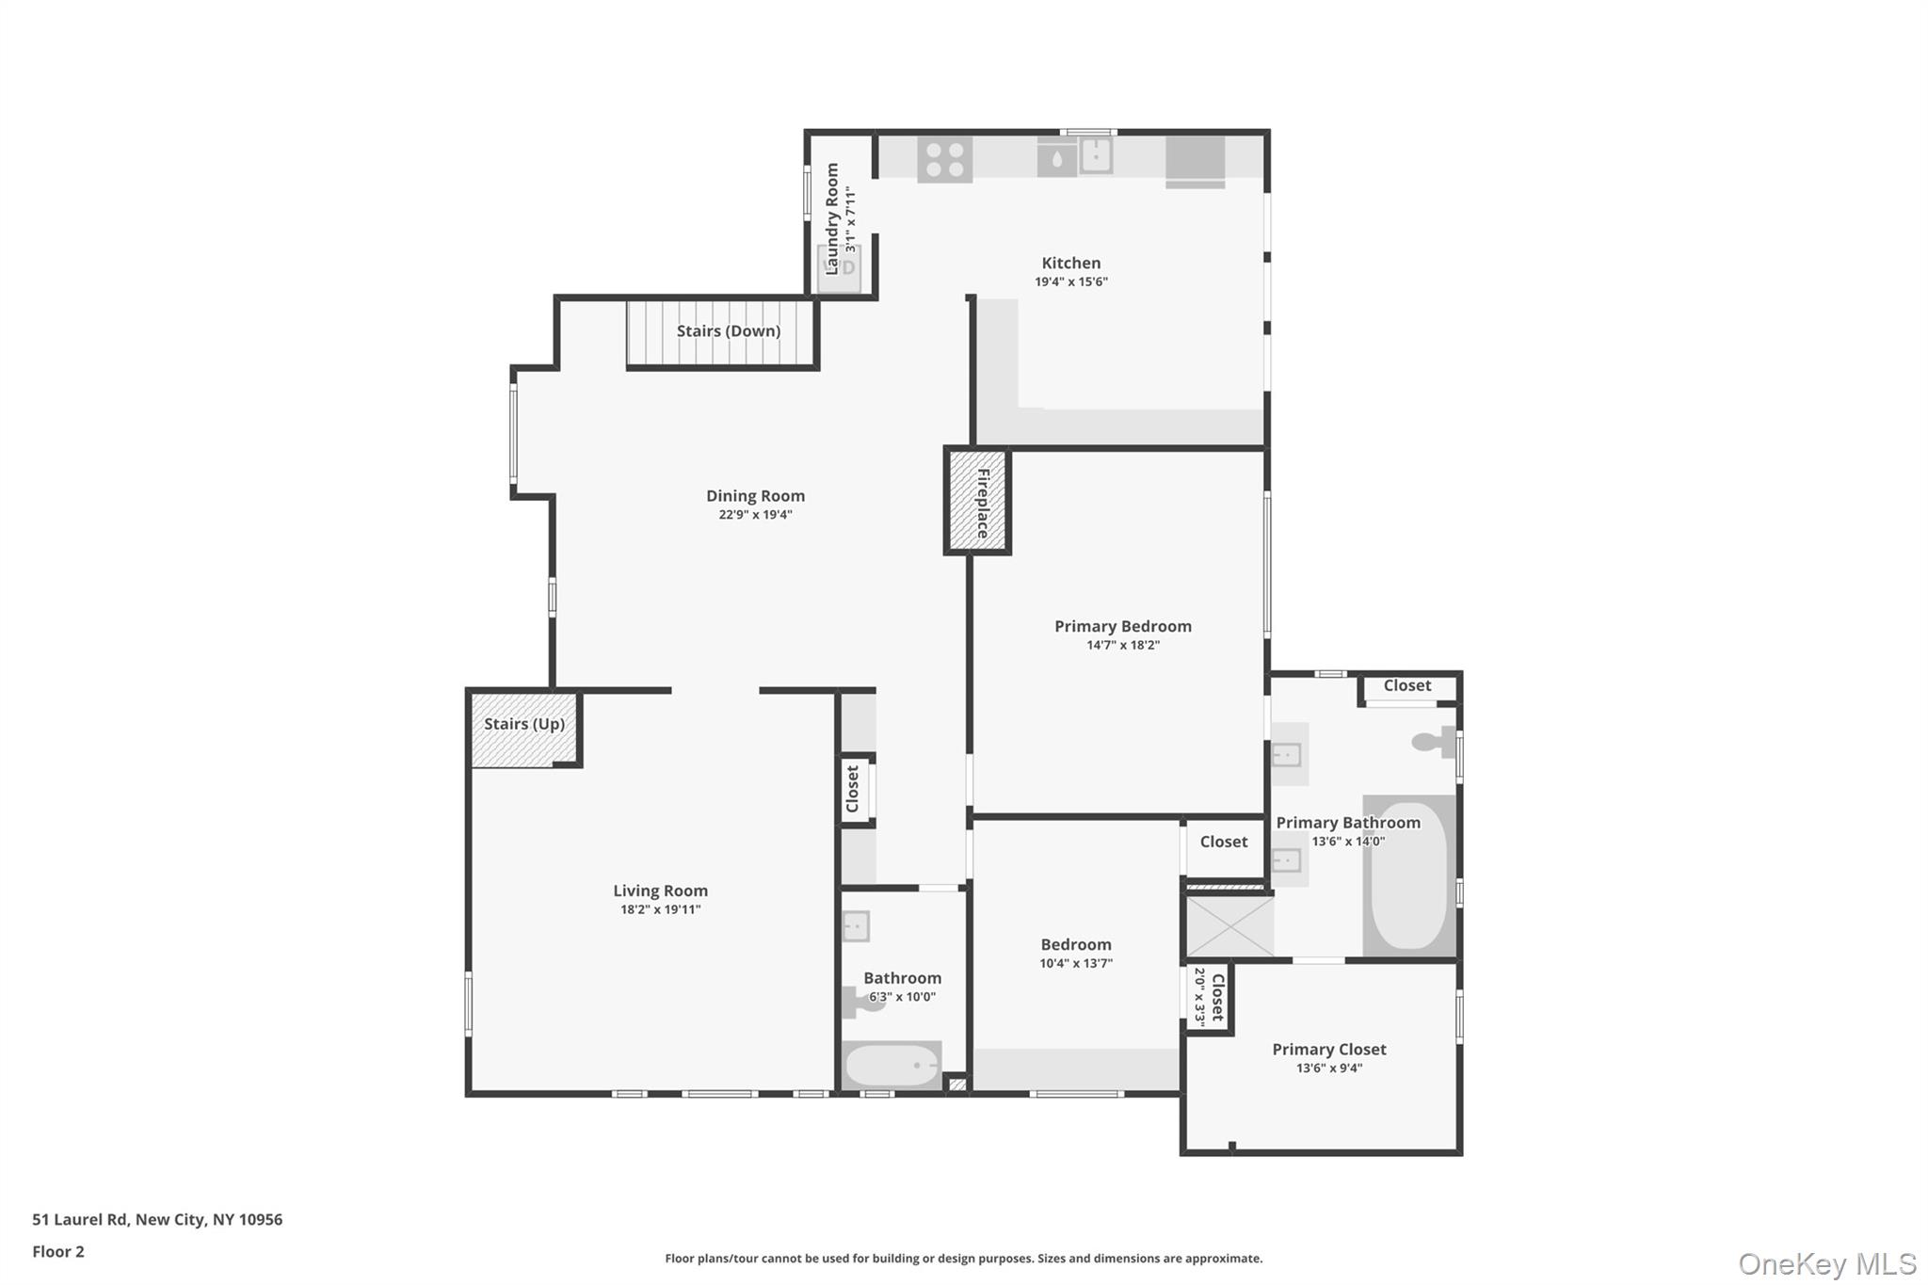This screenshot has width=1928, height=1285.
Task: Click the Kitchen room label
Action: (x=1070, y=264)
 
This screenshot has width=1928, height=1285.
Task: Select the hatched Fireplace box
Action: (x=977, y=502)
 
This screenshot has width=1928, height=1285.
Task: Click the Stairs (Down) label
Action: (x=728, y=331)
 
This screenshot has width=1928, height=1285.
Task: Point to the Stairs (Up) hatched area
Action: (x=523, y=730)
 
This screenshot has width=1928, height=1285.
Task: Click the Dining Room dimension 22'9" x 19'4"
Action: (x=755, y=515)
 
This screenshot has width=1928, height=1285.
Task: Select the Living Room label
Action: (x=660, y=891)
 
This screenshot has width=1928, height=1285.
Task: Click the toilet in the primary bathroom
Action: (x=1435, y=742)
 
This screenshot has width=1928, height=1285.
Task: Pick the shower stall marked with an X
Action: (x=1229, y=926)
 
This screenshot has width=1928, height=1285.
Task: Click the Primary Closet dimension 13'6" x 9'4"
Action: (x=1328, y=1068)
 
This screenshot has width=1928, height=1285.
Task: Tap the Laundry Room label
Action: (x=832, y=218)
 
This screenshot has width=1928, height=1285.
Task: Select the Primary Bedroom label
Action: (x=1122, y=627)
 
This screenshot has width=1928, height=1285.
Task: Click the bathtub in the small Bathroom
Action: (x=891, y=1066)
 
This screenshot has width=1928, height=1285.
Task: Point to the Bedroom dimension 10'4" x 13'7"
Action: (x=1075, y=963)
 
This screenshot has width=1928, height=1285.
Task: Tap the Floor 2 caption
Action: (x=58, y=1251)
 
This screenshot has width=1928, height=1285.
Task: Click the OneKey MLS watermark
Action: (x=1826, y=1263)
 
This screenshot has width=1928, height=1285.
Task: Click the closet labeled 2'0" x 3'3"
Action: (x=1208, y=998)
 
